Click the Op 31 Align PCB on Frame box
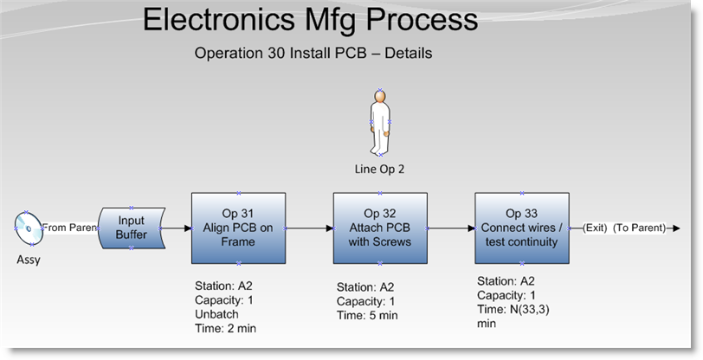click(x=239, y=228)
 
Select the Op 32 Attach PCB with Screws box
click(x=380, y=228)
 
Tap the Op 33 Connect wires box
click(x=522, y=228)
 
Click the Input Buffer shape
click(x=132, y=228)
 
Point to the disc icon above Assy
click(x=29, y=228)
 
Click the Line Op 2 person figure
click(x=380, y=122)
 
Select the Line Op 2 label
click(x=379, y=169)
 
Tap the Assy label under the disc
click(x=29, y=260)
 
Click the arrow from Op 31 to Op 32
click(x=309, y=228)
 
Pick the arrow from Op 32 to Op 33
click(x=451, y=228)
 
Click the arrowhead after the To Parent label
click(x=676, y=228)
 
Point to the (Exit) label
click(x=595, y=228)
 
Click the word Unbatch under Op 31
click(x=216, y=314)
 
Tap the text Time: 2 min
click(x=225, y=328)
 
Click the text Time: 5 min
click(x=367, y=315)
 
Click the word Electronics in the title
click(x=219, y=19)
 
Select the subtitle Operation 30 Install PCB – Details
click(x=313, y=53)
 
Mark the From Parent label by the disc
click(x=69, y=228)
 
